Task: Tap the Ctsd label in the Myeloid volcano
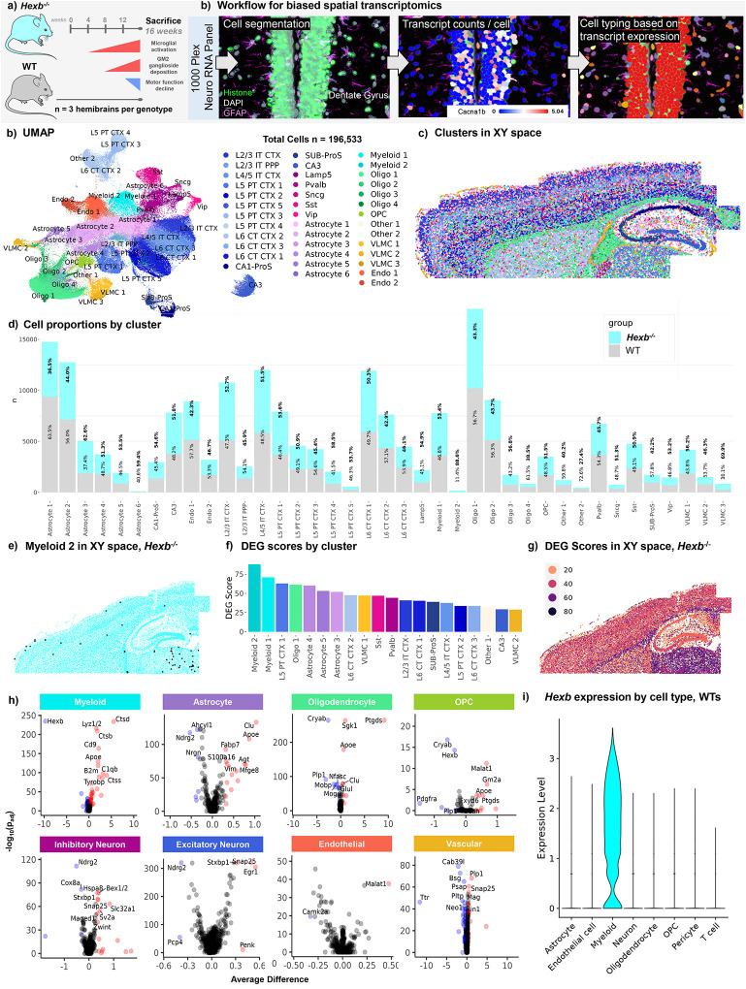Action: (123, 719)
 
